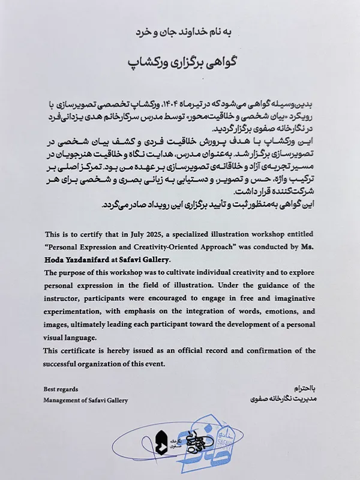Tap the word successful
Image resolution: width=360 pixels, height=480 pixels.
pyautogui.click(x=61, y=364)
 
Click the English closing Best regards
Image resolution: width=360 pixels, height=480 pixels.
pyautogui.click(x=61, y=389)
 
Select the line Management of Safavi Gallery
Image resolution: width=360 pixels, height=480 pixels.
pyautogui.click(x=86, y=400)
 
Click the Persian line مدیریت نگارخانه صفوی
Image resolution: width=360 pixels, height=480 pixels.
pyautogui.click(x=282, y=398)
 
